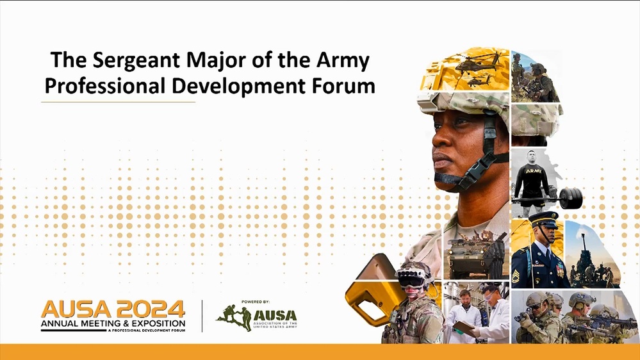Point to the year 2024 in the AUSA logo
click(151, 309)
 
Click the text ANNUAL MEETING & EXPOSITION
click(113, 325)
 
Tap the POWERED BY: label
click(256, 301)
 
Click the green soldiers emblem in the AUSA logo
click(234, 317)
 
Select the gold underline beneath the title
click(119, 102)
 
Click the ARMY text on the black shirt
click(532, 170)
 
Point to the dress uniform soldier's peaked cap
click(543, 218)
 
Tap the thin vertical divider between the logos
click(202, 316)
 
